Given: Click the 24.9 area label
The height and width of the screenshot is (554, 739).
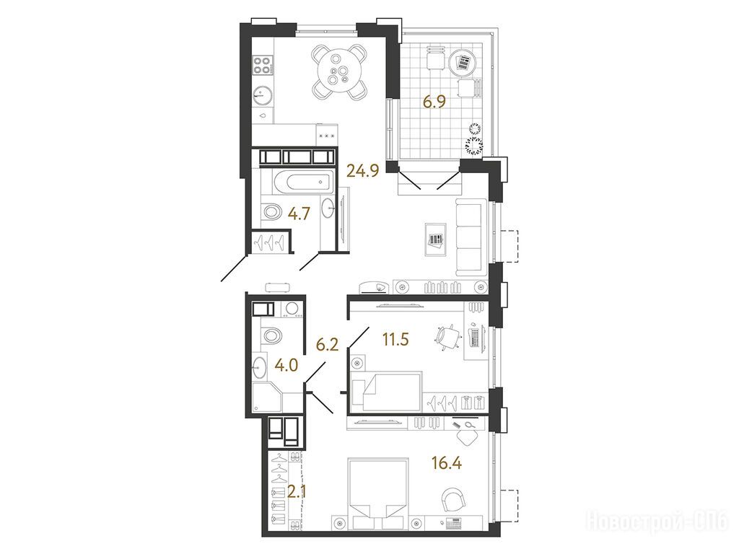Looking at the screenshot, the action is tap(362, 170).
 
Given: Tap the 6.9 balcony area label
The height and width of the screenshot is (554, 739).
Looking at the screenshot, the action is tap(434, 102).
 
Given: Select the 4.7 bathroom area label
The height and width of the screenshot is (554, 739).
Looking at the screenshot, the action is tap(299, 214).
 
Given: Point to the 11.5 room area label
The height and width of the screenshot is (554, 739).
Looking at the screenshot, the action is tap(395, 339).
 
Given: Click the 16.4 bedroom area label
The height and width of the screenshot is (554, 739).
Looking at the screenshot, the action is tap(447, 462).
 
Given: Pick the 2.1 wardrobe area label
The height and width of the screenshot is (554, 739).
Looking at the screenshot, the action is tap(298, 493).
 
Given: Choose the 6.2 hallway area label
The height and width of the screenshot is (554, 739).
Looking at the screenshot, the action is tap(327, 346).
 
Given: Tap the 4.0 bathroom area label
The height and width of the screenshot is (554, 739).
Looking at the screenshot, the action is tap(287, 365).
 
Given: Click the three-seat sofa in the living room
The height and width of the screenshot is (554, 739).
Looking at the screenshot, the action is tap(471, 237).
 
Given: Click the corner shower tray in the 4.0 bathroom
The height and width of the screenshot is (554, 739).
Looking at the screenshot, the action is tap(267, 397).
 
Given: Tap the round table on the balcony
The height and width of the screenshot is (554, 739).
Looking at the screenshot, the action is tap(460, 62).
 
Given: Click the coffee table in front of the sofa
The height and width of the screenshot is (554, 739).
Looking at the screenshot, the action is tap(435, 239).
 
